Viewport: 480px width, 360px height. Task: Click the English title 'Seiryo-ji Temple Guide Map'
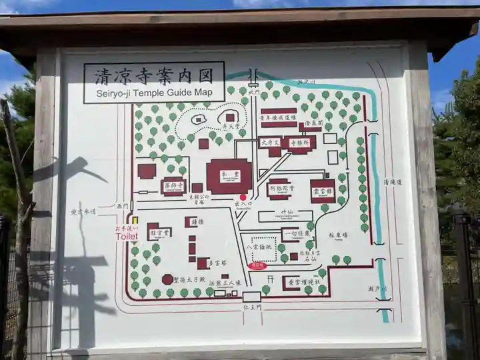tap(153, 93)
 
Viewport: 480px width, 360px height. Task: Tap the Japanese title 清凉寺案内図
tap(153, 75)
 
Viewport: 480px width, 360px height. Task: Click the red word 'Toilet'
tap(127, 237)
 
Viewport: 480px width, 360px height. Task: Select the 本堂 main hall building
tap(229, 177)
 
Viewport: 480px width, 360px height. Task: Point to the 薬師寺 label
tap(173, 186)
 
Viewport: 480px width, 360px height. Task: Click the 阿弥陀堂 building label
tap(279, 189)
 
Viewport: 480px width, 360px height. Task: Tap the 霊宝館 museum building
tap(323, 191)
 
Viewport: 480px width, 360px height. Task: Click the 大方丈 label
tap(269, 143)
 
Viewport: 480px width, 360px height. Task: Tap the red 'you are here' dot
tap(243, 197)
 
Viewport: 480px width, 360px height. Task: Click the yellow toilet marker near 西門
tap(135, 219)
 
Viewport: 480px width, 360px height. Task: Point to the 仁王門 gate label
tap(252, 310)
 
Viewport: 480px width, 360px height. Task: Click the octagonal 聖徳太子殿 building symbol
tap(167, 279)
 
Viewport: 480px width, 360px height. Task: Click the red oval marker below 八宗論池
tap(257, 265)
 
